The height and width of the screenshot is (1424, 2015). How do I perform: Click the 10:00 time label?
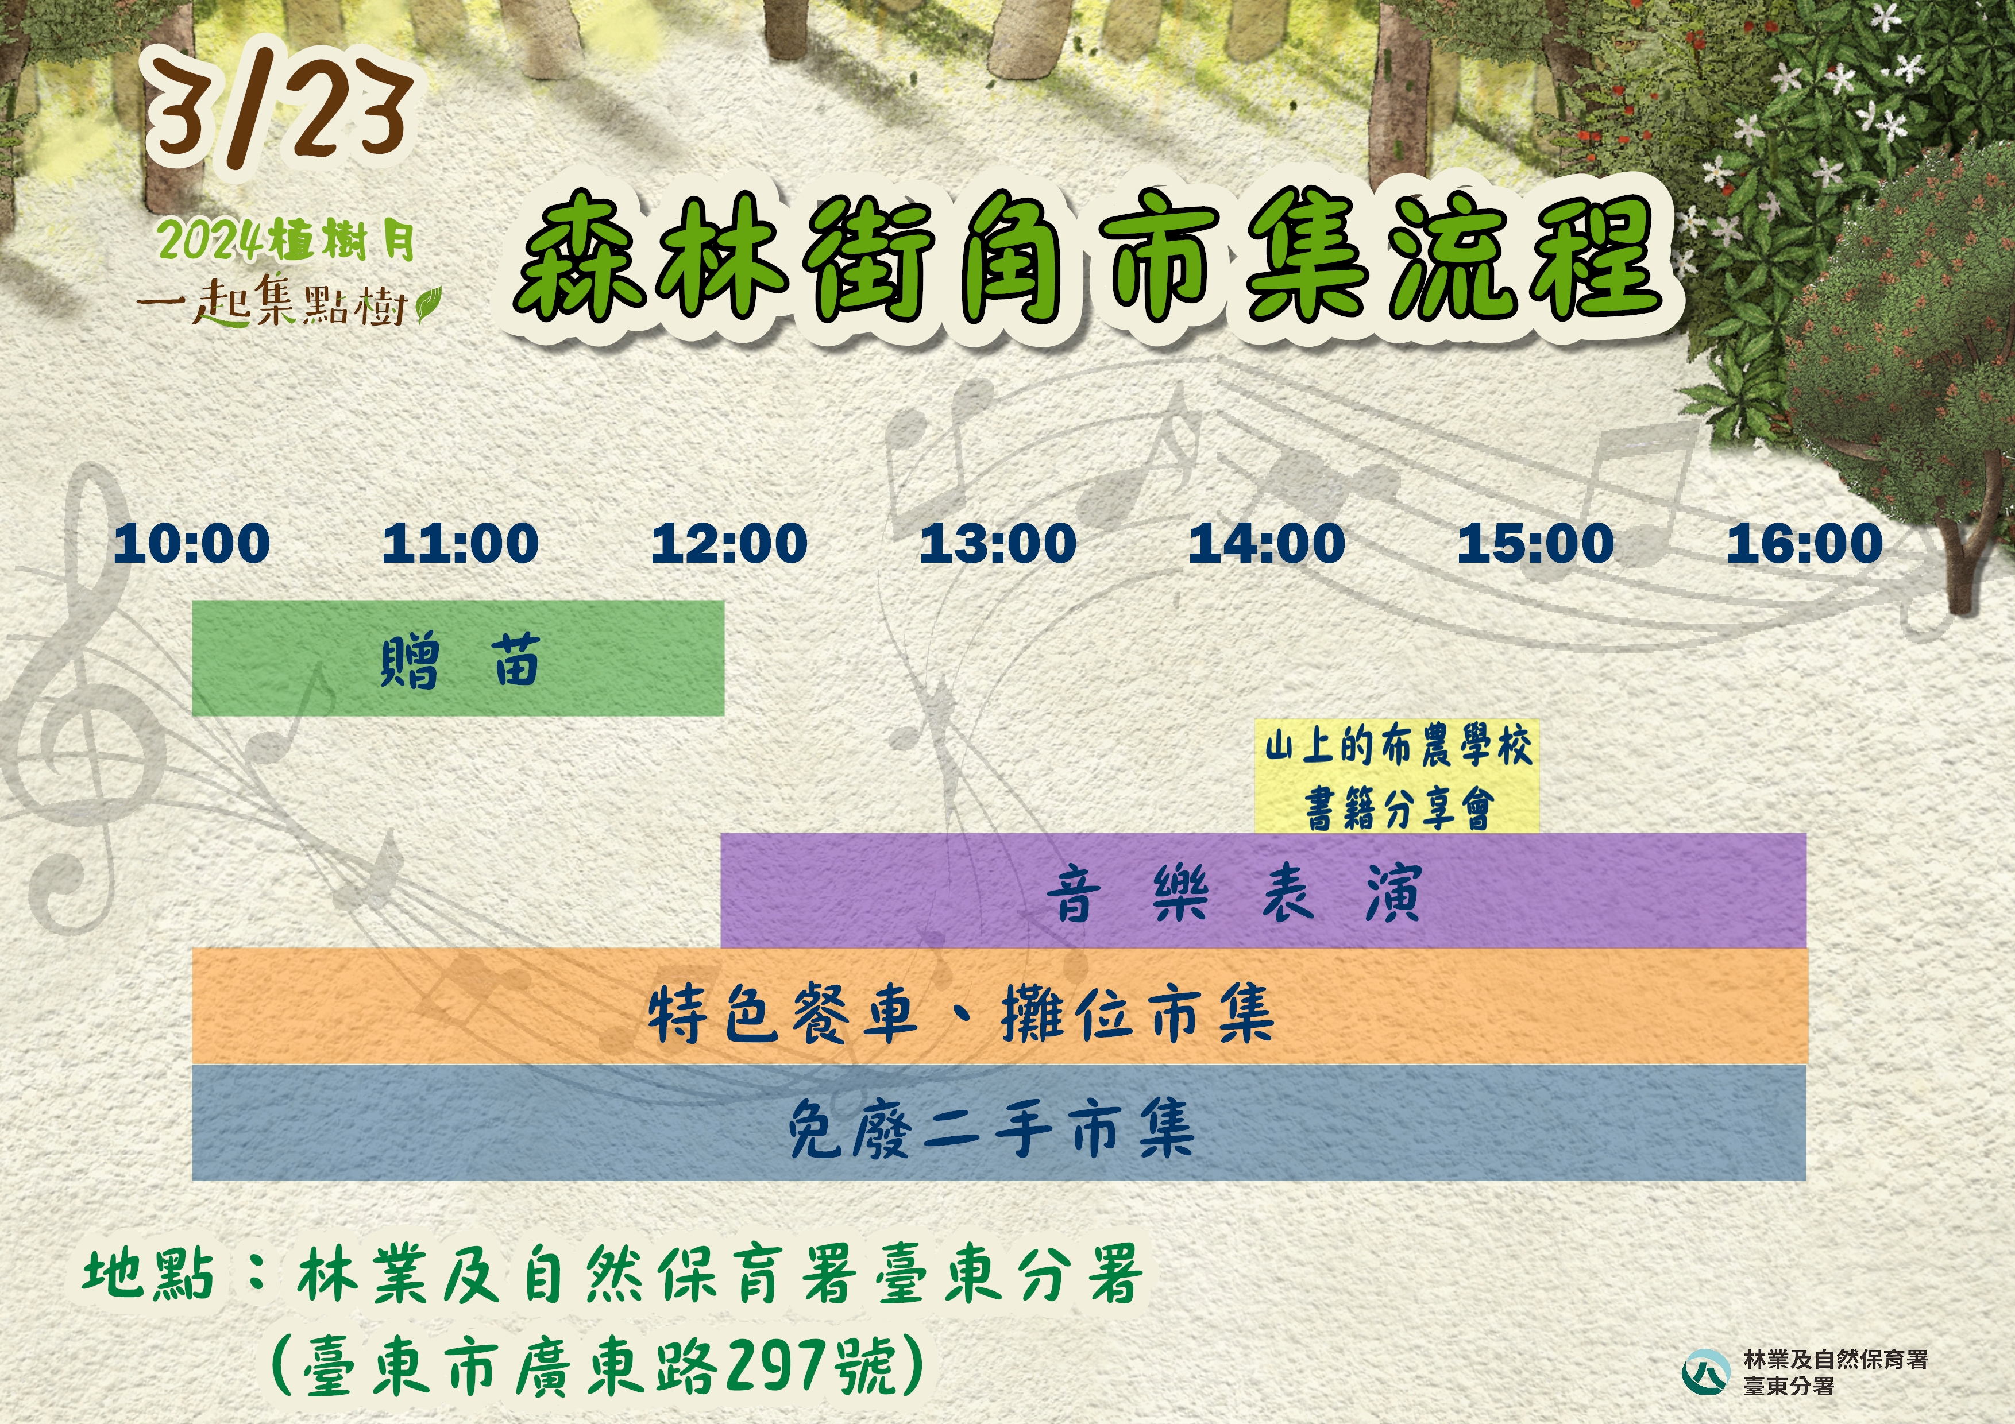[192, 543]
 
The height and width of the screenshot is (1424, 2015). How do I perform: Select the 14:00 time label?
[1267, 543]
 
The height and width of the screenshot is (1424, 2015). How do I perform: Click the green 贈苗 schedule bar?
[458, 658]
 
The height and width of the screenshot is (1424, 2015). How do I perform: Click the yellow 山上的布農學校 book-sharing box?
[1397, 776]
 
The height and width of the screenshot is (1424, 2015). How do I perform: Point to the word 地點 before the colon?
[148, 1274]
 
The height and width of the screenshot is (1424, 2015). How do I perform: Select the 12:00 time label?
[729, 543]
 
